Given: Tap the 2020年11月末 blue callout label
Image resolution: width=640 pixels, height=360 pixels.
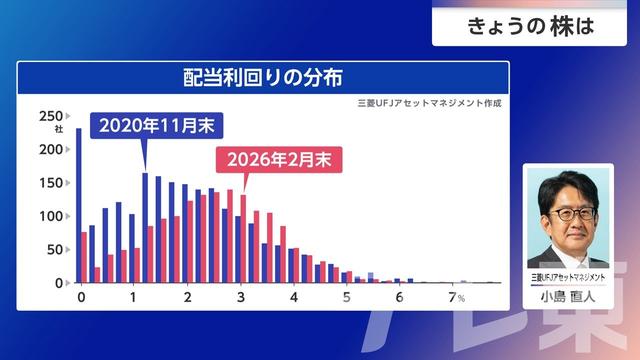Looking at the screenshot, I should click(x=157, y=127).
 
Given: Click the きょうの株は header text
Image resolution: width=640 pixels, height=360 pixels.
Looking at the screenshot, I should click(x=530, y=27).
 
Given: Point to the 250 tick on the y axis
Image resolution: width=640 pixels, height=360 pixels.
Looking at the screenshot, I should click(x=51, y=116).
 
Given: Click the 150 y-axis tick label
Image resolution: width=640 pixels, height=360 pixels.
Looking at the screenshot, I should click(x=51, y=183).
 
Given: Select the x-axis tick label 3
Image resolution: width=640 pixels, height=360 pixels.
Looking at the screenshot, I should click(x=241, y=297).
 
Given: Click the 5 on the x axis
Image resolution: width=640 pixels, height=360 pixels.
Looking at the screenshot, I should click(x=347, y=297).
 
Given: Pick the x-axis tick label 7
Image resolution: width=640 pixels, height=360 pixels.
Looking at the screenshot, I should click(x=452, y=297).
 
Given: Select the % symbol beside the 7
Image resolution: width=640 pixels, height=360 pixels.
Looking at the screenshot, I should click(x=462, y=298).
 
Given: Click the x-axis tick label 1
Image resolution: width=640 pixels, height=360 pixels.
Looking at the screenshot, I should click(x=134, y=297).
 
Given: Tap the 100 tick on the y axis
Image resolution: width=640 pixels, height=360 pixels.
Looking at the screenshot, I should click(x=51, y=216).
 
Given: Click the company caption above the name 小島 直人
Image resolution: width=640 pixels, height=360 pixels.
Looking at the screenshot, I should click(x=568, y=276).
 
